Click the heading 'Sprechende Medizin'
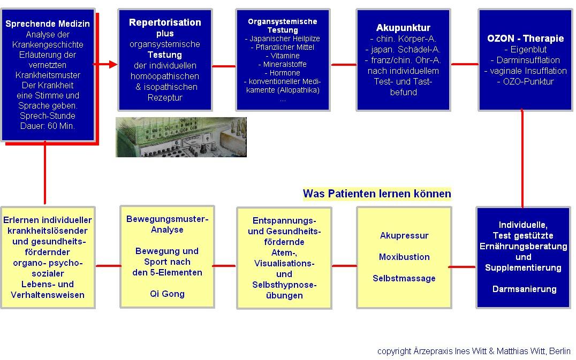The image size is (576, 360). [x=48, y=24]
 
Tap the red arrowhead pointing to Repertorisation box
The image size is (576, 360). [x=113, y=65]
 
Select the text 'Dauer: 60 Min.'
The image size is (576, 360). [x=48, y=126]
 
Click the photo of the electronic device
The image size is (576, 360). [x=181, y=137]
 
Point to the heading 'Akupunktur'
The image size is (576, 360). [x=403, y=28]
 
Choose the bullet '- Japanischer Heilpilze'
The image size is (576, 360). [x=283, y=39]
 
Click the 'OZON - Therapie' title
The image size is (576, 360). [x=525, y=39]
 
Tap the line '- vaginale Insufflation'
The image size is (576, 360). [x=525, y=71]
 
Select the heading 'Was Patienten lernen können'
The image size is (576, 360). [x=377, y=194]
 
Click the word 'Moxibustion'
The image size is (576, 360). [x=404, y=257]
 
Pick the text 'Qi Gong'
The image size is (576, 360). [x=167, y=294]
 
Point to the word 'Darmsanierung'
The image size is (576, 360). [x=524, y=289]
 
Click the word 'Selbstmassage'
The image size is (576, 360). [x=404, y=279]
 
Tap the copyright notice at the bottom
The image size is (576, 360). [x=474, y=351]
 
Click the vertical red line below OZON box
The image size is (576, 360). [x=522, y=158]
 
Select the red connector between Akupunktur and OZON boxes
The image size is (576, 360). [x=465, y=64]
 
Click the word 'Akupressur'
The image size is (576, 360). [x=404, y=235]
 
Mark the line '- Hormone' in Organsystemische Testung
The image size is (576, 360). [x=283, y=73]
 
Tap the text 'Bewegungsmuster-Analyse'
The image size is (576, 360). [x=167, y=224]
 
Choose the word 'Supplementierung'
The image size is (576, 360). [x=523, y=268]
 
